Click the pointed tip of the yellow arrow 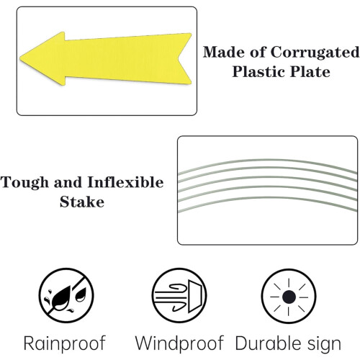[20, 58]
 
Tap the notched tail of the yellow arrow [178, 58]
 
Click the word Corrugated [315, 53]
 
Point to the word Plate [310, 72]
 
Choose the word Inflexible [125, 182]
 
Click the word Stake [82, 202]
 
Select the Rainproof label [65, 343]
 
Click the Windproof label [179, 343]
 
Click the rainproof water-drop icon [66, 295]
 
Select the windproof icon [179, 295]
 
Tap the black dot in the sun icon [289, 297]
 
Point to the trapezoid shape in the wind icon [194, 296]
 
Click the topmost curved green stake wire [268, 161]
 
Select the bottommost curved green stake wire [268, 198]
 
